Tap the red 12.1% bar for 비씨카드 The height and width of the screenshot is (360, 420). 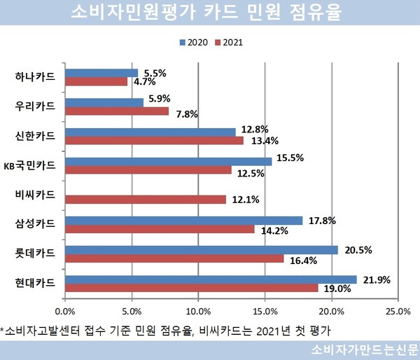[x=145, y=200]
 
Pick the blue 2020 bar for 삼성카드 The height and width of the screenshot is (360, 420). [x=183, y=221]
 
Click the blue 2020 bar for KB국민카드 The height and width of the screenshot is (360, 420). [x=168, y=161]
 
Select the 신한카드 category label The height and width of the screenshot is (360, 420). [x=35, y=136]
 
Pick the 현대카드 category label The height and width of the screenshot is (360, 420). [x=35, y=284]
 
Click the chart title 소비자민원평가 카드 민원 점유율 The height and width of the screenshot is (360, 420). [x=209, y=14]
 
